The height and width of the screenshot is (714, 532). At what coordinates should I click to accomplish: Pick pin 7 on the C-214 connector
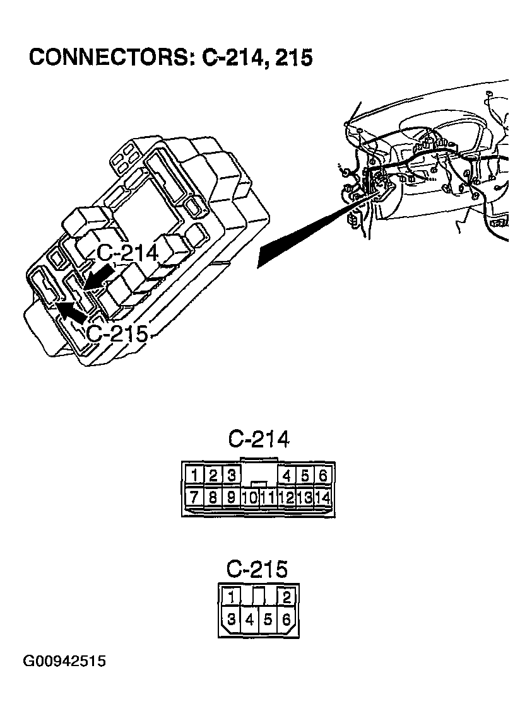(196, 497)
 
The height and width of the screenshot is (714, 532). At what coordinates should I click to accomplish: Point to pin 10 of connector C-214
(249, 497)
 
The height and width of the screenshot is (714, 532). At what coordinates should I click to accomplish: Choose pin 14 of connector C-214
(322, 497)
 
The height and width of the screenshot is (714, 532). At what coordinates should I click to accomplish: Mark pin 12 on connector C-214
(287, 497)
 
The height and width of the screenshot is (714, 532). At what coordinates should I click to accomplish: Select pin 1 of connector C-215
(232, 597)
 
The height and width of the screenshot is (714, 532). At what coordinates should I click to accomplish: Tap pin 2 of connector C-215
(287, 597)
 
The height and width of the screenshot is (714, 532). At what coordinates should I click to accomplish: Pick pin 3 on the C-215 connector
(232, 620)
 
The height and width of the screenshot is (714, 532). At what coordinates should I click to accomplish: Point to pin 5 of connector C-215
(268, 620)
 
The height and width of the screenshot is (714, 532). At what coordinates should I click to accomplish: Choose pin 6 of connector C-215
(287, 620)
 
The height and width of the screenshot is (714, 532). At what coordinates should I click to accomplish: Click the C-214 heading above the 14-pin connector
(258, 439)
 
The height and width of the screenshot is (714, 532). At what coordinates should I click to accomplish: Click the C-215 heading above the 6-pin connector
(257, 570)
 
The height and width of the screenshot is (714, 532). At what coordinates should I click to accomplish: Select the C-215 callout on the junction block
(117, 333)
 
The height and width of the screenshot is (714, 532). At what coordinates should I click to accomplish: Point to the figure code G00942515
(64, 662)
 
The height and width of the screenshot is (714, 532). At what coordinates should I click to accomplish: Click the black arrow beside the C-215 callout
(71, 311)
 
